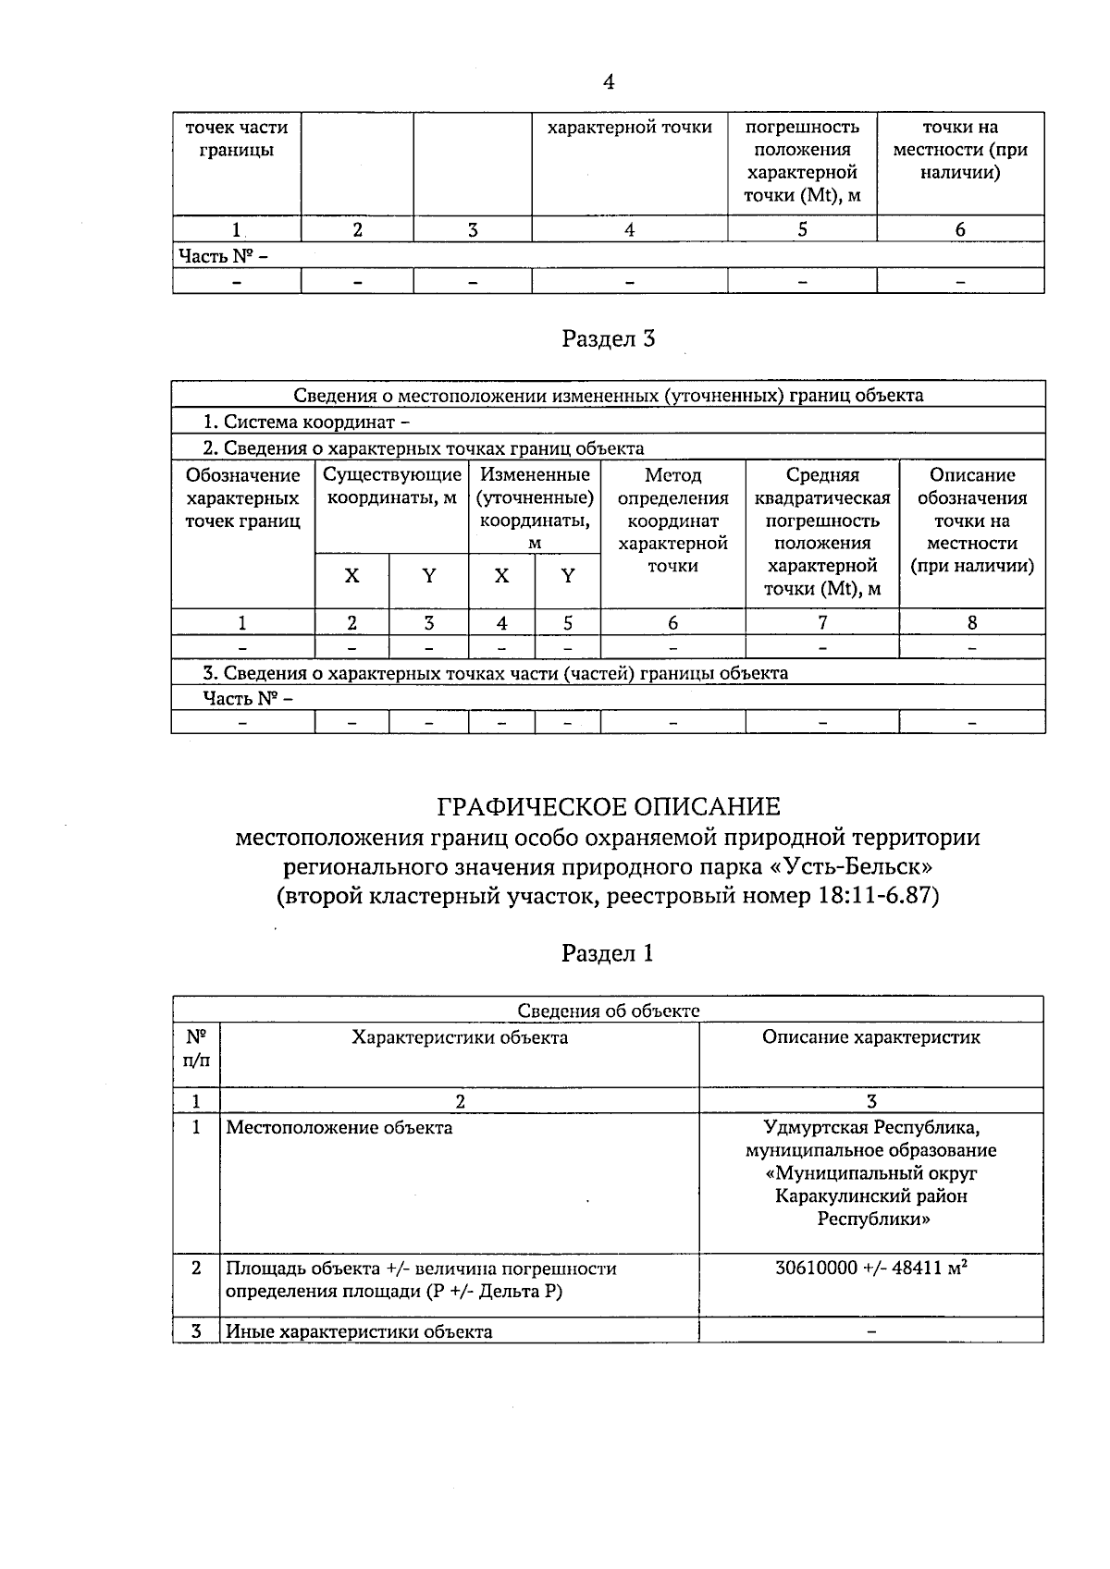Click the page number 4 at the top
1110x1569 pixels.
click(x=608, y=82)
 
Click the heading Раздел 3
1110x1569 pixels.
click(x=608, y=339)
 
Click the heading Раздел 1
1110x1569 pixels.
click(x=608, y=953)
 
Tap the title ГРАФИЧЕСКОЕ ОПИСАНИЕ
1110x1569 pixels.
click(x=608, y=807)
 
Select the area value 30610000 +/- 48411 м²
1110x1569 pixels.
click(x=870, y=1269)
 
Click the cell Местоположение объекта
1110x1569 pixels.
click(x=339, y=1128)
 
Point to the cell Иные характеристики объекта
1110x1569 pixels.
click(x=359, y=1332)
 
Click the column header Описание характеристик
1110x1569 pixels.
click(x=870, y=1037)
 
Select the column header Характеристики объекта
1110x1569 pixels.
click(x=460, y=1037)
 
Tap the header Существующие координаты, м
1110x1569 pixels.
click(x=392, y=486)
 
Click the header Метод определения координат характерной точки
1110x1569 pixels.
click(x=672, y=521)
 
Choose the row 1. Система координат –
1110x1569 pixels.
click(x=306, y=423)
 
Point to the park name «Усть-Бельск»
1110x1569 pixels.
click(x=858, y=867)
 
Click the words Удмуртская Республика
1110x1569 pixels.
click(x=870, y=1128)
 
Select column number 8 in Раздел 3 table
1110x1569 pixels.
click(x=971, y=623)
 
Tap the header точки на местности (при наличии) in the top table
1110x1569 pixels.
click(x=960, y=150)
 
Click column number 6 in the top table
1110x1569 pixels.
click(x=960, y=230)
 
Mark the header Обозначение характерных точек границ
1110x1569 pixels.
click(x=243, y=498)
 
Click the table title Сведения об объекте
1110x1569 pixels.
click(x=608, y=1011)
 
